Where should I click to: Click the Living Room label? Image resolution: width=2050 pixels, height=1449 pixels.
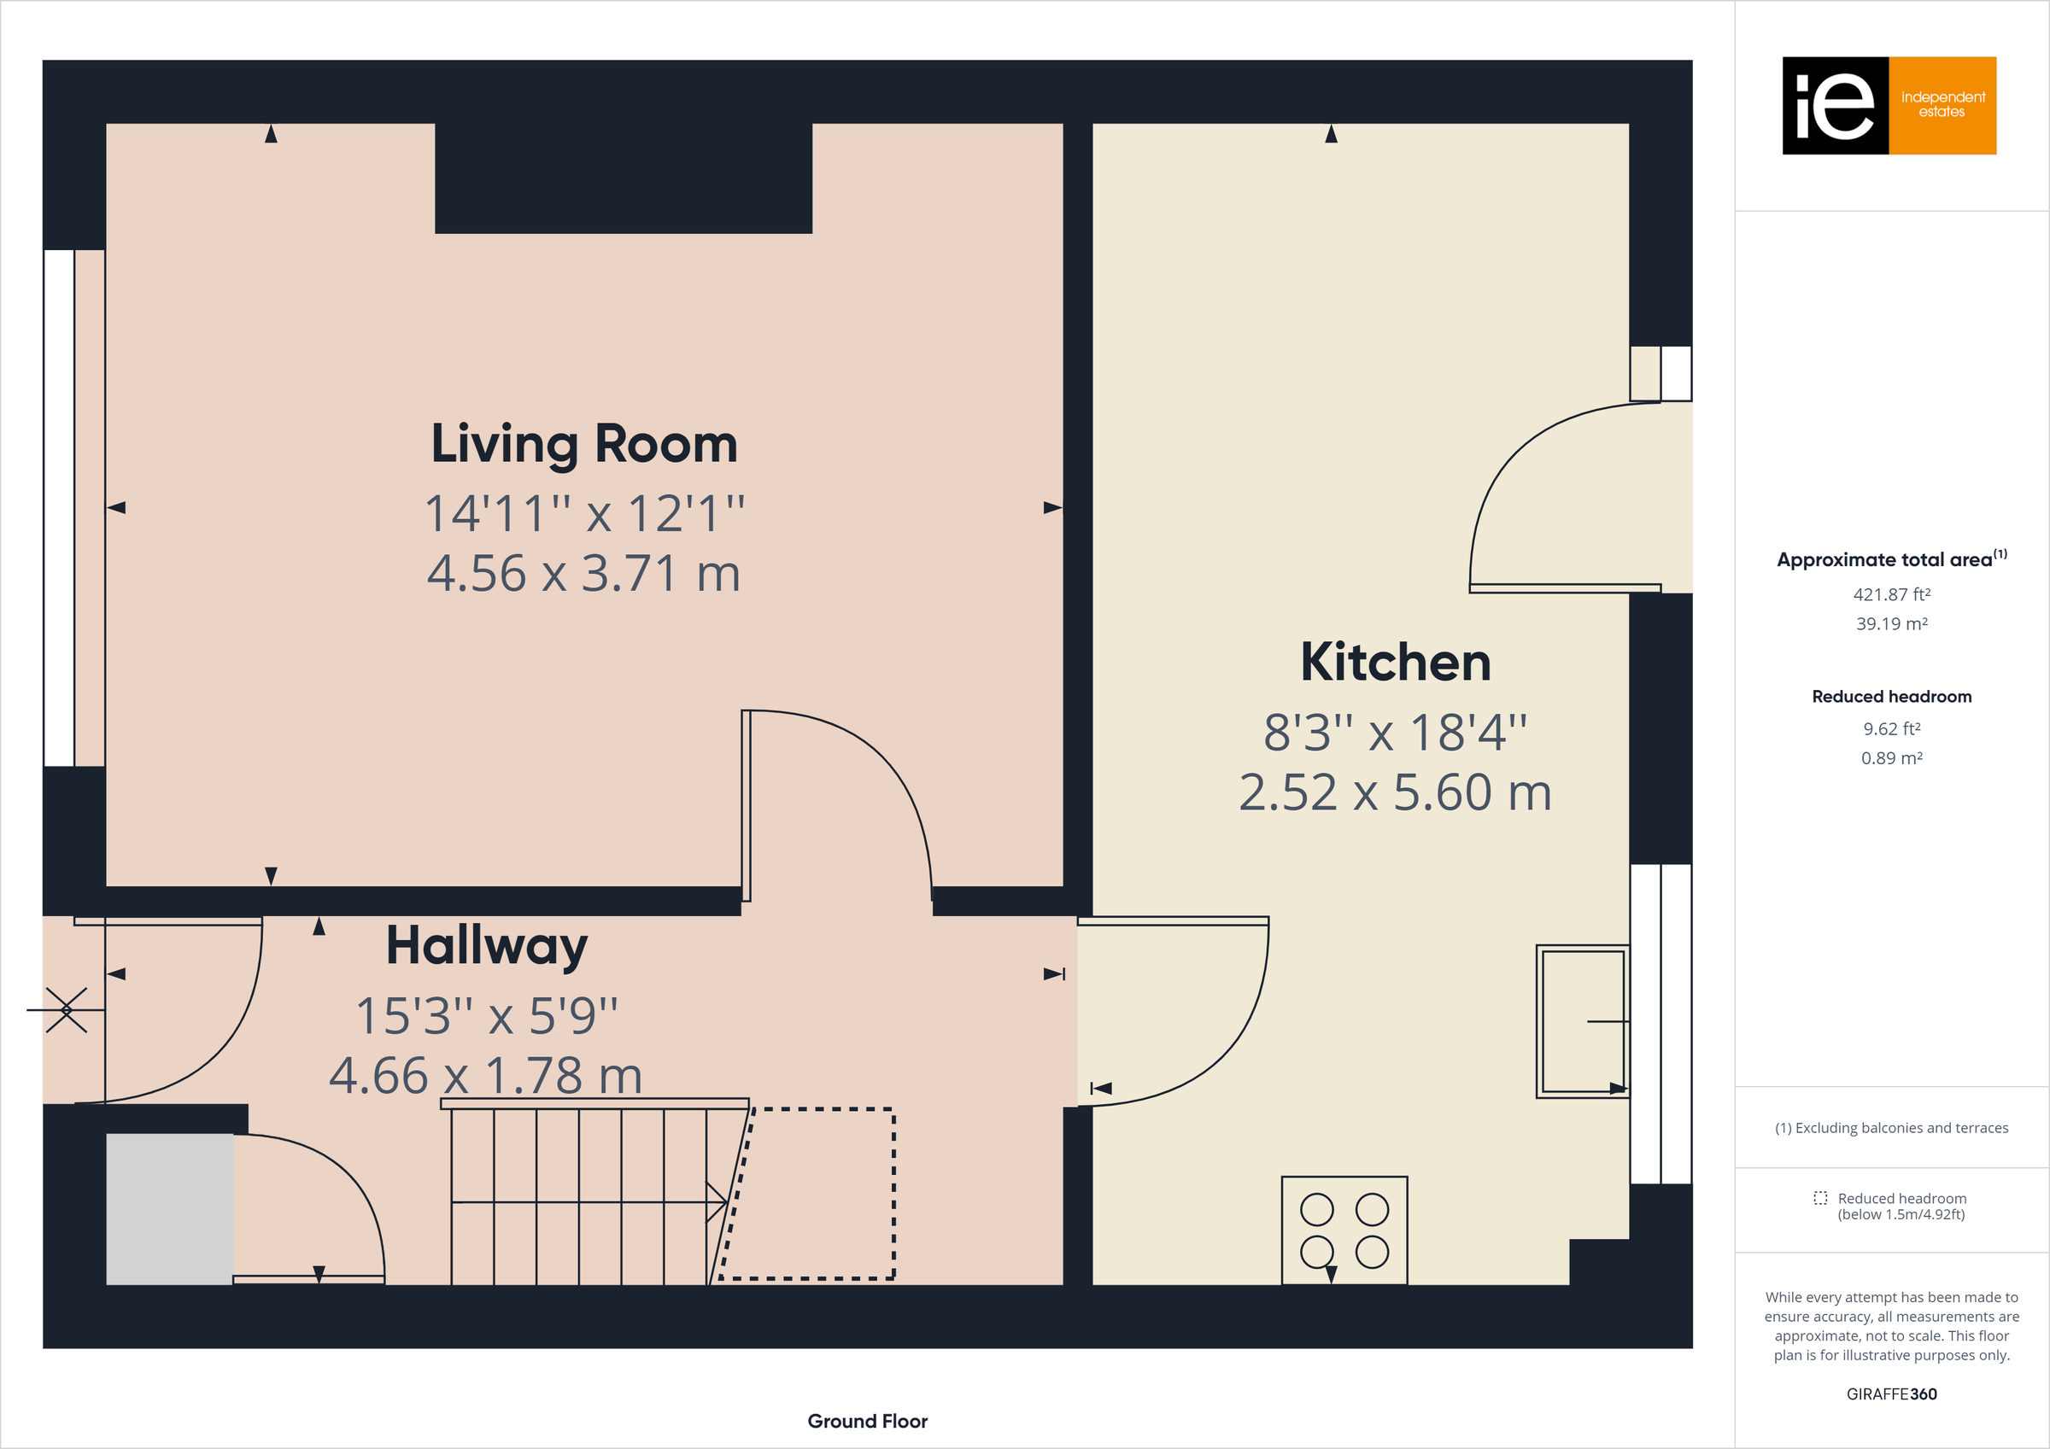[584, 444]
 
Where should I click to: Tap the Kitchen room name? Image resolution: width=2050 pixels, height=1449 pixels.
[1395, 663]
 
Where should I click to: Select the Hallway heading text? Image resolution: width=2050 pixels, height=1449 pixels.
[487, 946]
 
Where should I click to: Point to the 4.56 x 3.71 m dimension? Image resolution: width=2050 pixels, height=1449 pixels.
[584, 573]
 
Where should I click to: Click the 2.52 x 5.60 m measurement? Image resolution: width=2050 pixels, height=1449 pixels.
[1395, 792]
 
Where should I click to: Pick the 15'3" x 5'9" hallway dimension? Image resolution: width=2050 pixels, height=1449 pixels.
[487, 1016]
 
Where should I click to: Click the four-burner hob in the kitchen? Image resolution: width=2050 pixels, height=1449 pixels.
[1344, 1230]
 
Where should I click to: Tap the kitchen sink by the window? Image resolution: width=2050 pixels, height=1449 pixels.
[1581, 1021]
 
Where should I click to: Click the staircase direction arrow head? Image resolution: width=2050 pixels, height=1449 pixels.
[717, 1201]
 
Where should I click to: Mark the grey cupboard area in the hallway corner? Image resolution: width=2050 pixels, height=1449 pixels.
[170, 1209]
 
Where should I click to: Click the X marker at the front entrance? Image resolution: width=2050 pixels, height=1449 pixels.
[67, 1010]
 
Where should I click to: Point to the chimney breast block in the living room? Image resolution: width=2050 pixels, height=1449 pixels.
[624, 178]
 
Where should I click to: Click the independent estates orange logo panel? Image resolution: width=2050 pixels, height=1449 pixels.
[1942, 105]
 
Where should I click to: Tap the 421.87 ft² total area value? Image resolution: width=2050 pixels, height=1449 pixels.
[1891, 594]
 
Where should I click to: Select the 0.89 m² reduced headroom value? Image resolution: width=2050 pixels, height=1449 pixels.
[1891, 758]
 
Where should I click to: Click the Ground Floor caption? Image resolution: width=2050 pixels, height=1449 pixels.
[867, 1422]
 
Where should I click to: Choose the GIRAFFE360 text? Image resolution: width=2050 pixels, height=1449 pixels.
[1891, 1393]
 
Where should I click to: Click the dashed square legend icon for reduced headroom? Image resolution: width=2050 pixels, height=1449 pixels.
[1819, 1198]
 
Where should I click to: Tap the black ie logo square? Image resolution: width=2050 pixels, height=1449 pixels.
[1835, 105]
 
